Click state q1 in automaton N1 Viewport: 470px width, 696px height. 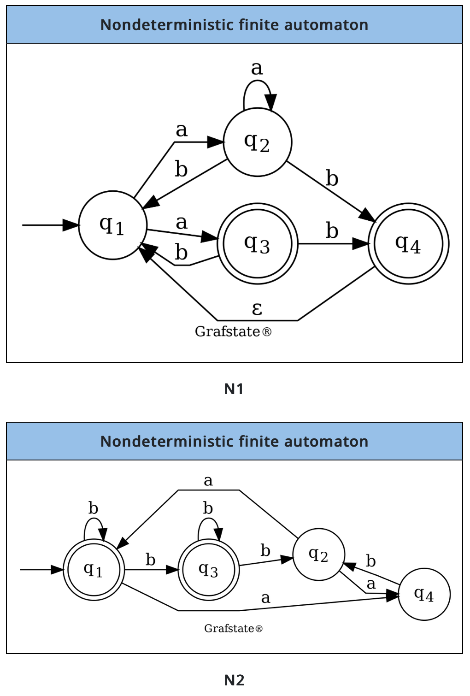[x=112, y=225]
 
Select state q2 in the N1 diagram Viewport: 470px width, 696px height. [x=257, y=142]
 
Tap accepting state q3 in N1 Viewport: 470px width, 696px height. [x=257, y=243]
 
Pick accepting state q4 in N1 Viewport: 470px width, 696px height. [x=408, y=243]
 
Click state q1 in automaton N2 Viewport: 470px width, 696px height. [x=94, y=570]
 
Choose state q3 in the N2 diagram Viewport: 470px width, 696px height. [x=208, y=570]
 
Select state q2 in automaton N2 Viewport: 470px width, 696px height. [x=318, y=554]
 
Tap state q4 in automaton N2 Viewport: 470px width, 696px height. [x=424, y=594]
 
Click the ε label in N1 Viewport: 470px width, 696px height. [x=257, y=308]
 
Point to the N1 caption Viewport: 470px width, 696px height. [x=234, y=389]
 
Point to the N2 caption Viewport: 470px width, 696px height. [x=234, y=680]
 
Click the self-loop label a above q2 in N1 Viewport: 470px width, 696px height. [x=257, y=68]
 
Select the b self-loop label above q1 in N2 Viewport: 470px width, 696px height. [x=93, y=508]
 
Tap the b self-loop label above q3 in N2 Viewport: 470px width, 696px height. [x=208, y=508]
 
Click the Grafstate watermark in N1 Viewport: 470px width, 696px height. [x=233, y=331]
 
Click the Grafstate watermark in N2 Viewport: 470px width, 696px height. [x=233, y=628]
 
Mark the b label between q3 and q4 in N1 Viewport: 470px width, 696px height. [x=332, y=230]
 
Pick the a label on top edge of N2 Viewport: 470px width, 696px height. [x=208, y=481]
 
